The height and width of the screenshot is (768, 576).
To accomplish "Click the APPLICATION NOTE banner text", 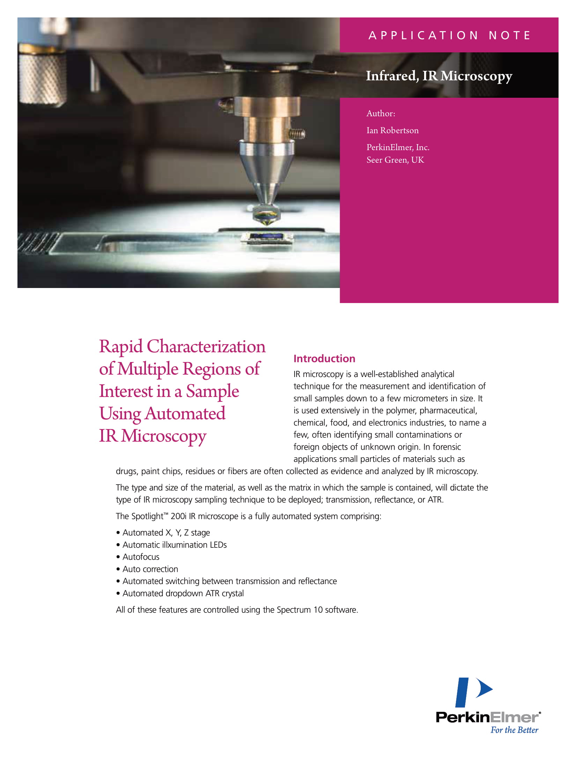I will coord(449,35).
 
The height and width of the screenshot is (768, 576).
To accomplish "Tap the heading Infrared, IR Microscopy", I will coord(439,76).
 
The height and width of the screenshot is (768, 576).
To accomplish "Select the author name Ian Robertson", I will coord(392,131).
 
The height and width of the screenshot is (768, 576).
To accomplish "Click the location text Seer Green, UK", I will coord(395,160).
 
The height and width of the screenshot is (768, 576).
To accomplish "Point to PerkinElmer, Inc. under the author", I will coord(398,147).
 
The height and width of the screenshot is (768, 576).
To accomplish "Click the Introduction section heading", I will coord(324,359).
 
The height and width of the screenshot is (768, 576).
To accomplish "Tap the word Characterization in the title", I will coord(206,347).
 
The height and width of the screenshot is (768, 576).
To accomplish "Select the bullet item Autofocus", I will coord(141,557).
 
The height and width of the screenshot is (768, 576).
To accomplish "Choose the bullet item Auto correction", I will coord(150,569).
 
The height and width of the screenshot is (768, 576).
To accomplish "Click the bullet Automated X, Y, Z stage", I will coord(166,533).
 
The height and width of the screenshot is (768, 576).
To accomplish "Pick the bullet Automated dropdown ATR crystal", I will coord(183,593).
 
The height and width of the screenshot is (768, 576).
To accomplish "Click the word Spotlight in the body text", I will coord(146,516).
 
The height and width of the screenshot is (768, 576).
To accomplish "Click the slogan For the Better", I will coord(514,730).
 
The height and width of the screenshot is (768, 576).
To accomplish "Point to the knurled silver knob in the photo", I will coord(42,77).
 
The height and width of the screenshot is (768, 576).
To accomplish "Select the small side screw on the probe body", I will coord(298,133).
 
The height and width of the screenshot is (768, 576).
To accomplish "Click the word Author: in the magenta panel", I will coord(381,113).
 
